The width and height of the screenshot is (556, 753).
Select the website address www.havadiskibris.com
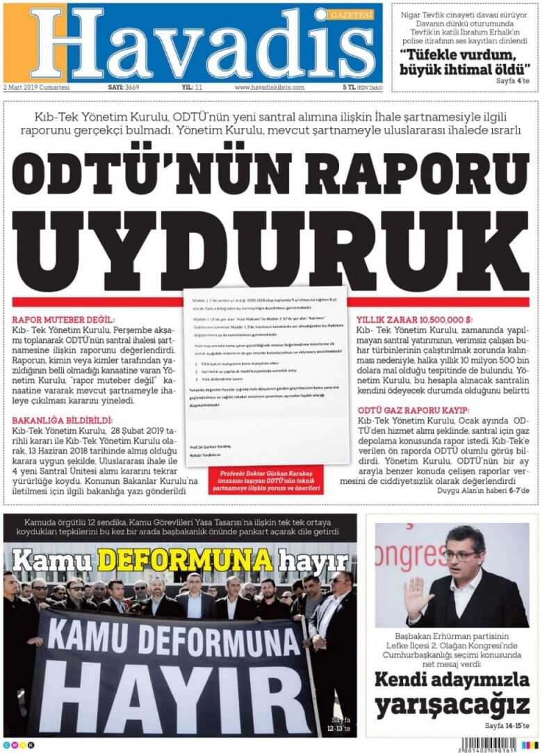[x=270, y=88]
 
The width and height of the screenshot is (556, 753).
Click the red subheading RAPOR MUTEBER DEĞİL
[x=62, y=320]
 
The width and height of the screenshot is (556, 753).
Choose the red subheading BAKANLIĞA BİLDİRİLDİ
[x=62, y=421]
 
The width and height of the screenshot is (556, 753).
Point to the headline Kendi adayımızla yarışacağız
[x=452, y=693]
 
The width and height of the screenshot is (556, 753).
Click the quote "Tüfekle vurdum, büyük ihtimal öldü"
[x=465, y=62]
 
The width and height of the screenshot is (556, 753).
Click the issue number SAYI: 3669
[x=123, y=88]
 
